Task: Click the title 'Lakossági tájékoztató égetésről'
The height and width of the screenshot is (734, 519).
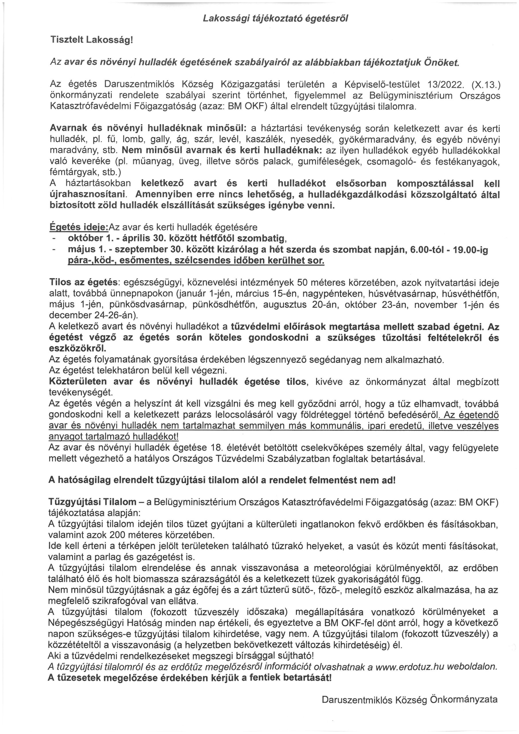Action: (x=275, y=19)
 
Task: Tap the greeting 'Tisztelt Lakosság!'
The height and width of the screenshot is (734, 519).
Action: (x=91, y=40)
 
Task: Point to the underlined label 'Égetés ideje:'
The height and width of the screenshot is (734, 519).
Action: (x=79, y=227)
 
